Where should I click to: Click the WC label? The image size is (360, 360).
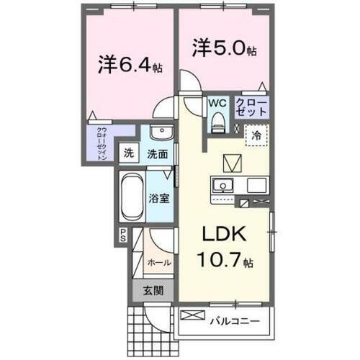point(217,103)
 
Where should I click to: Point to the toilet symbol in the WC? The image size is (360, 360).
point(217,122)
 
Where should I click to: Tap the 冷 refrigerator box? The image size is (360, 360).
point(256,134)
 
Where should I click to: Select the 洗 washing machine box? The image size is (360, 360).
point(128,153)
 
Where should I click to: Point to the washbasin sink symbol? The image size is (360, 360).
point(161,135)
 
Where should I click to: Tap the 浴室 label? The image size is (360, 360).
point(160,198)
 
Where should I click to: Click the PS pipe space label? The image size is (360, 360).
point(124,235)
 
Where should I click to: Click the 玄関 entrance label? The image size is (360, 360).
point(151,291)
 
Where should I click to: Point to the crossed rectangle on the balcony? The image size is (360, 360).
point(192,316)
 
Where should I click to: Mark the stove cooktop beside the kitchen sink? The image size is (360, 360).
point(257,184)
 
